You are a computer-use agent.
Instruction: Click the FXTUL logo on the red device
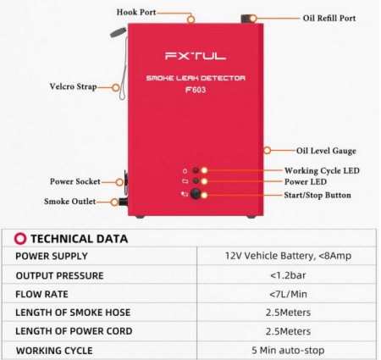[196, 56]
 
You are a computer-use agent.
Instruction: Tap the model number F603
[196, 90]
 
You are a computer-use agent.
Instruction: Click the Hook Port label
[136, 12]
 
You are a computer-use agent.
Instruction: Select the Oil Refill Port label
[329, 18]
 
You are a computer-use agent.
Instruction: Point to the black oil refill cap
[245, 19]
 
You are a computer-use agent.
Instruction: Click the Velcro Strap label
[74, 86]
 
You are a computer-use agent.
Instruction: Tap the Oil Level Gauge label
[326, 151]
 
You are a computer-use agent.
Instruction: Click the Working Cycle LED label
[322, 170]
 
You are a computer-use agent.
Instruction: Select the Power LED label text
[306, 181]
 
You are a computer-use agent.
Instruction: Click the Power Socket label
[75, 181]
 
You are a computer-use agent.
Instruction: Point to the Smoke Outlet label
[70, 202]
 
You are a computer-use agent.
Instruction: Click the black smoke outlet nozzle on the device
[123, 202]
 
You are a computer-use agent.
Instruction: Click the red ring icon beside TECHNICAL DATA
[20, 239]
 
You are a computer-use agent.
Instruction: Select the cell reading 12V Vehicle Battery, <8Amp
[288, 256]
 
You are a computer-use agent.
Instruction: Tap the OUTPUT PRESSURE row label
[59, 275]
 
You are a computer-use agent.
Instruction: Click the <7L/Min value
[288, 294]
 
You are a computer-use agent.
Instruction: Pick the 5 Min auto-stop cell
[288, 351]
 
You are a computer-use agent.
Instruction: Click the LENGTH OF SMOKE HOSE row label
[73, 313]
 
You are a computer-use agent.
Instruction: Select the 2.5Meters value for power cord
[288, 331]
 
